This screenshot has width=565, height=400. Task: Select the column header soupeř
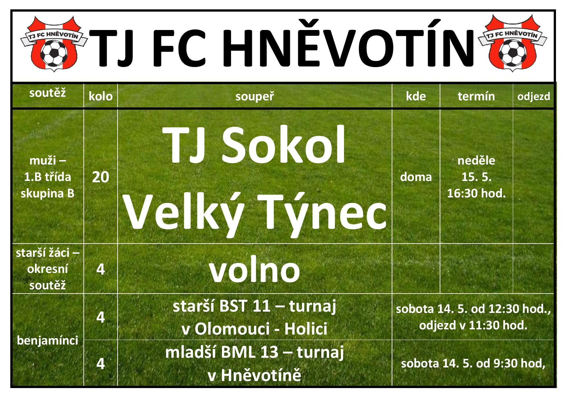(x=254, y=96)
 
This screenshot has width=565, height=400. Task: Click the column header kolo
(x=101, y=96)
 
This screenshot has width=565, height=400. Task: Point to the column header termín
(x=476, y=96)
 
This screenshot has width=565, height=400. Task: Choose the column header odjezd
(x=533, y=96)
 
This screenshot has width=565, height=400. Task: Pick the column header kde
(x=416, y=96)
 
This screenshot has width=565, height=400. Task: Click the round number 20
(x=101, y=177)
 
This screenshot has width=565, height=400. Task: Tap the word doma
(x=416, y=177)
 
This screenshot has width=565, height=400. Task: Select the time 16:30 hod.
(x=476, y=193)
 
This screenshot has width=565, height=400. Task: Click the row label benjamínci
(x=48, y=341)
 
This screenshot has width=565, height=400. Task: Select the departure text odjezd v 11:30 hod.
(x=473, y=325)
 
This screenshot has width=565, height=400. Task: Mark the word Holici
(x=306, y=329)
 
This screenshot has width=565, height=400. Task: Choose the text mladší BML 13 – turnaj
(x=254, y=352)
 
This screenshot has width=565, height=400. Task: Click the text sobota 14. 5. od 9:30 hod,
(x=473, y=364)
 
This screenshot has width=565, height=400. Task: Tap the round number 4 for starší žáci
(x=101, y=269)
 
